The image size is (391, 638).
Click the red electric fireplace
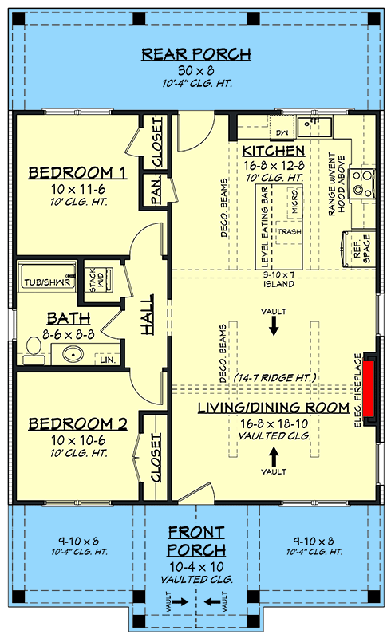[369, 388]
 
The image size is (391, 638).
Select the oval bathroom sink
[73, 353]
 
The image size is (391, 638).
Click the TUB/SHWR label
[47, 282]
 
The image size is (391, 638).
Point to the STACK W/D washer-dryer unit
[98, 279]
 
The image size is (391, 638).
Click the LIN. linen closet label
[108, 360]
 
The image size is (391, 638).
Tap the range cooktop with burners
[363, 183]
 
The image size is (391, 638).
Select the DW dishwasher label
[282, 132]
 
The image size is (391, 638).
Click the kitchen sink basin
[314, 127]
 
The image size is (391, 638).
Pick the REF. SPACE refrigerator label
[361, 249]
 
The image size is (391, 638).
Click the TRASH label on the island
[289, 231]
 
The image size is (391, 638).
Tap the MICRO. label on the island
[295, 202]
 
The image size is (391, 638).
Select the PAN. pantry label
[156, 191]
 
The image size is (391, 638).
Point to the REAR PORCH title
[196, 54]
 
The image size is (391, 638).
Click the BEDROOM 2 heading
[77, 424]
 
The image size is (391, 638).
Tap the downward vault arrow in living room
[274, 325]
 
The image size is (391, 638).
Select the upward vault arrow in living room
[274, 456]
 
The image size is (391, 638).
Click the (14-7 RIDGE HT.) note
[275, 377]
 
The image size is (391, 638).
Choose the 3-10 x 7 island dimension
[278, 275]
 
